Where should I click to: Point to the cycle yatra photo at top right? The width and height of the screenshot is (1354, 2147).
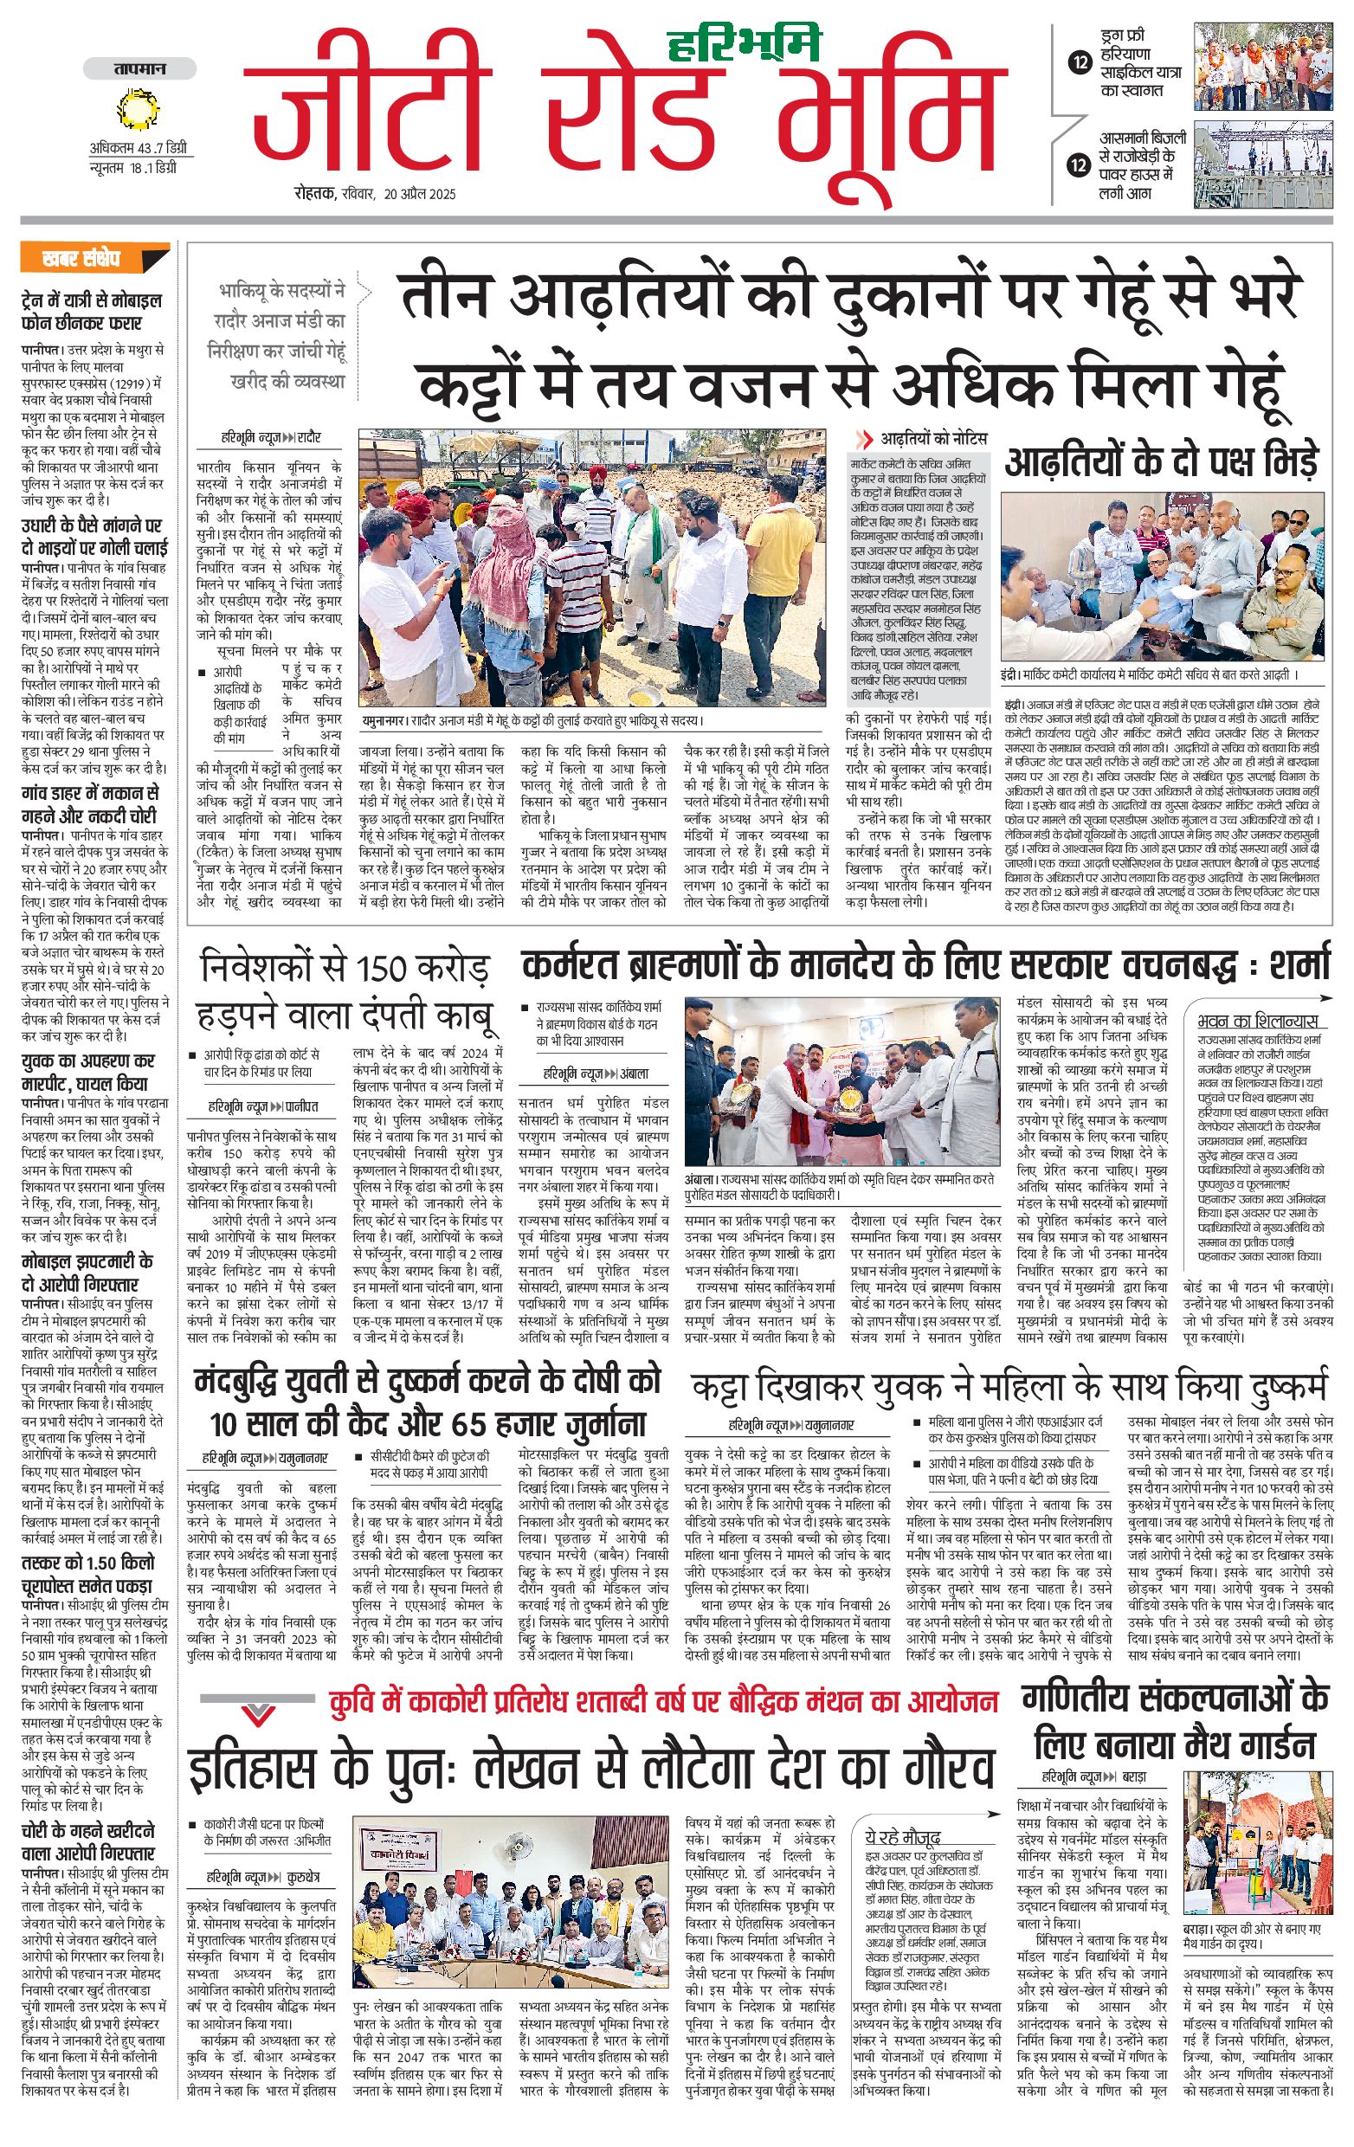[x=1263, y=67]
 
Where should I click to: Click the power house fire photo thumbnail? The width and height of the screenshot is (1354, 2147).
[x=1263, y=166]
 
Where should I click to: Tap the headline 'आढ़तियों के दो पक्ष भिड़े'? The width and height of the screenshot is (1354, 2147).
[x=1161, y=461]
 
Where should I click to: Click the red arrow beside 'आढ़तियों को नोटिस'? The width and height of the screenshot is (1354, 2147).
[x=863, y=439]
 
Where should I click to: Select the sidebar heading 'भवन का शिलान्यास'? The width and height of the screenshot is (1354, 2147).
[x=1257, y=1021]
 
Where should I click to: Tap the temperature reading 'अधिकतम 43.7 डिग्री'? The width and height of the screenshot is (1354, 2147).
[x=139, y=148]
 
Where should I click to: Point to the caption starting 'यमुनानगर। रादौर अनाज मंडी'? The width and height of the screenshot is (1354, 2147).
[x=532, y=720]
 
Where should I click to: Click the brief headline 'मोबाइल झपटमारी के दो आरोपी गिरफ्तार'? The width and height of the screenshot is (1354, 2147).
[x=87, y=1273]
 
